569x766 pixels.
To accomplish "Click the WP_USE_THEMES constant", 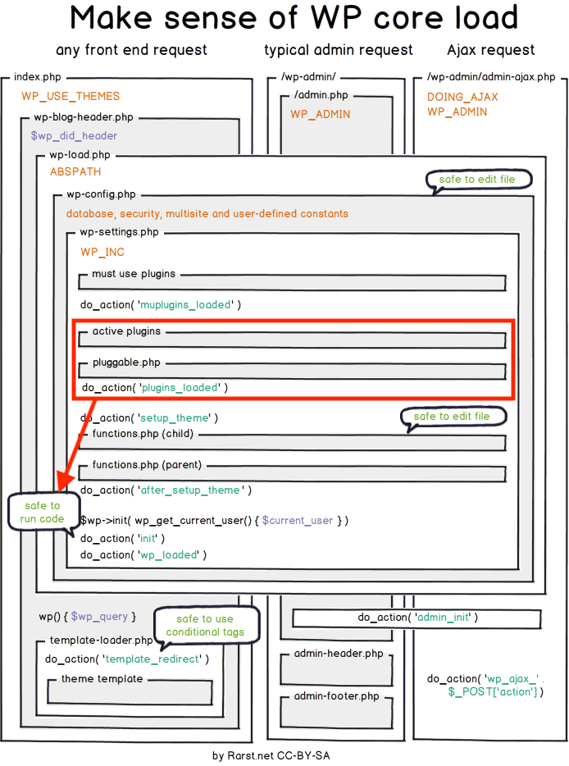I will (x=71, y=97).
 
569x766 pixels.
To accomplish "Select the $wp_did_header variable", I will (x=74, y=135).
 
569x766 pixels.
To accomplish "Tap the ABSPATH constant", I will (x=75, y=172).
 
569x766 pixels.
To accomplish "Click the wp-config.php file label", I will (x=101, y=194).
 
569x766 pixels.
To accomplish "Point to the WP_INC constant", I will (x=102, y=252).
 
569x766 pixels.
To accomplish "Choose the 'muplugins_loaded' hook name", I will (x=186, y=305).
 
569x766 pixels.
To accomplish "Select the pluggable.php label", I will (x=126, y=362).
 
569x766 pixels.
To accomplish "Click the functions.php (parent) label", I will (x=147, y=465).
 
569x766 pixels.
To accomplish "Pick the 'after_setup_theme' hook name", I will (x=190, y=490).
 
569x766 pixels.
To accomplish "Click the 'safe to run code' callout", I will (x=42, y=513).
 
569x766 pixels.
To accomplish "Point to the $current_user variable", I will (x=297, y=521).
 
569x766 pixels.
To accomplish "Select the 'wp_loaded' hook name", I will (x=171, y=554).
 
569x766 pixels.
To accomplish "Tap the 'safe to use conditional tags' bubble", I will (x=205, y=626).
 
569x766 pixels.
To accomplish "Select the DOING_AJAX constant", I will (x=462, y=97).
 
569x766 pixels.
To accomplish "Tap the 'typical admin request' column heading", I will (x=339, y=51).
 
